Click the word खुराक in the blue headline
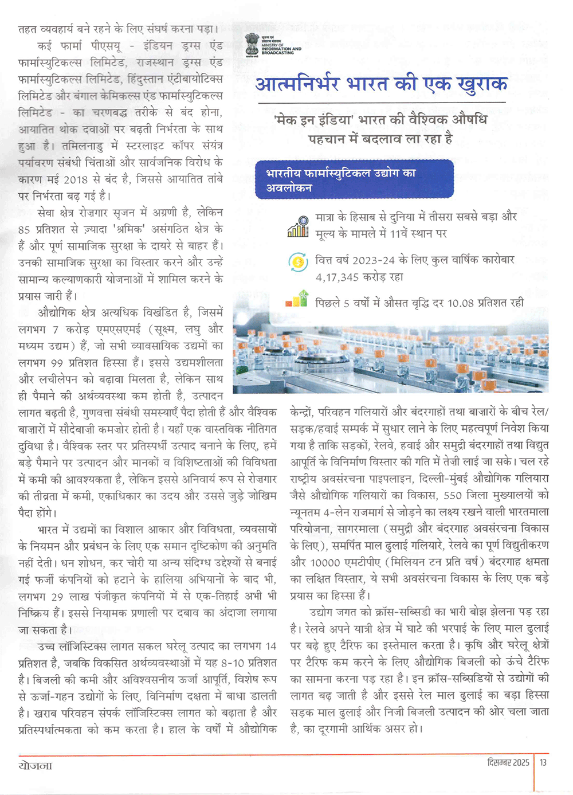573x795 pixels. (482, 84)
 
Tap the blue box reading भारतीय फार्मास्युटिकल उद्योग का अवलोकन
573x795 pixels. (354, 179)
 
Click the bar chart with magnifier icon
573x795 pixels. (298, 226)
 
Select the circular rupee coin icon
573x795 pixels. (298, 263)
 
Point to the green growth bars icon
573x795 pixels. (297, 300)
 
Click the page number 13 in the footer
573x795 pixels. (543, 762)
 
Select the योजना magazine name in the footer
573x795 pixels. (36, 765)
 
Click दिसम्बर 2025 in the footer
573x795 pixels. (508, 762)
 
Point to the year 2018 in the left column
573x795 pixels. (76, 179)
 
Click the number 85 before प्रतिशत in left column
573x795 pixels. (24, 229)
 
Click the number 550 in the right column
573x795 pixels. (452, 495)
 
